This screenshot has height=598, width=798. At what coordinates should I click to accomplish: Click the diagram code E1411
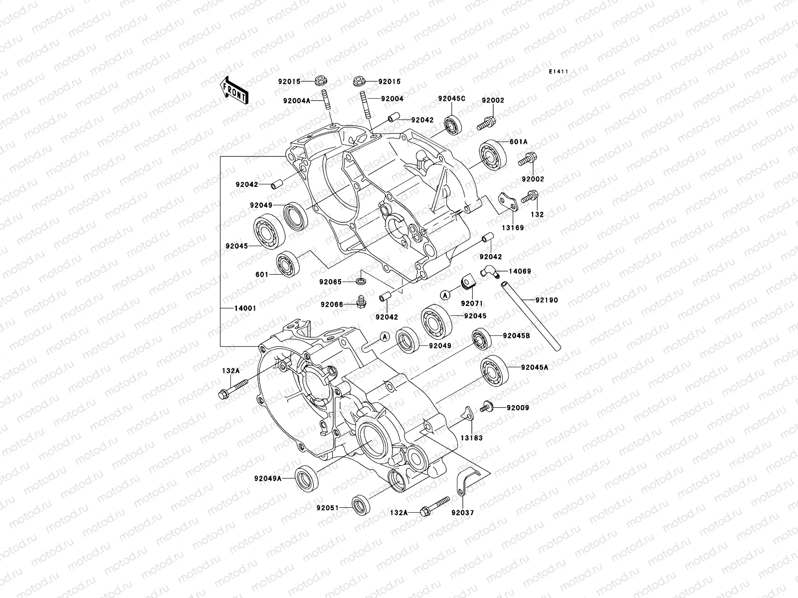(559, 72)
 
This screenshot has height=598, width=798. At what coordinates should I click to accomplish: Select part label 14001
(245, 308)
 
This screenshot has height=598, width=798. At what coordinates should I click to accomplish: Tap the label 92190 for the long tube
(547, 300)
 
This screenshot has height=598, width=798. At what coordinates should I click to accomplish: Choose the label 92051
(327, 508)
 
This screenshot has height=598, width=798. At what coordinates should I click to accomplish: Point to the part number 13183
(471, 438)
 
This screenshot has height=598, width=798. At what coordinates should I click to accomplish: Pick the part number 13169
(512, 228)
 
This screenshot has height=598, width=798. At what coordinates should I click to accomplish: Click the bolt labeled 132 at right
(529, 197)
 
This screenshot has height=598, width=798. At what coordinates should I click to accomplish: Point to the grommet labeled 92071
(469, 282)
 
